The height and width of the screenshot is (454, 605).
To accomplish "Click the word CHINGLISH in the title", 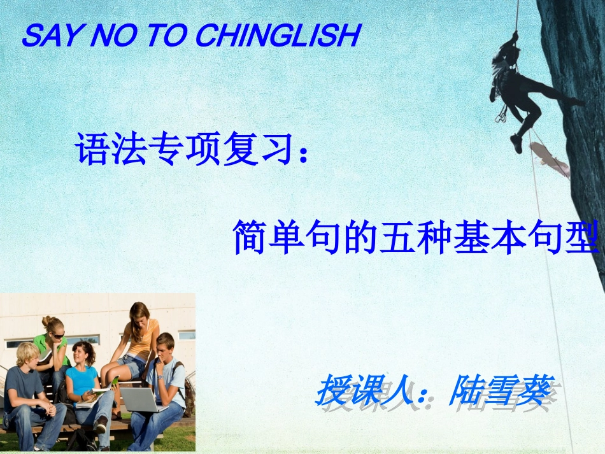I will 277,36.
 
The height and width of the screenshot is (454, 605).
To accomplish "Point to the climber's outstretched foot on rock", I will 577,101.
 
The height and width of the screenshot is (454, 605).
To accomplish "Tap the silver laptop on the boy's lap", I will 139,399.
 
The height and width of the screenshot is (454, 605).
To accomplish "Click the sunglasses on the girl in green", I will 56,334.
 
